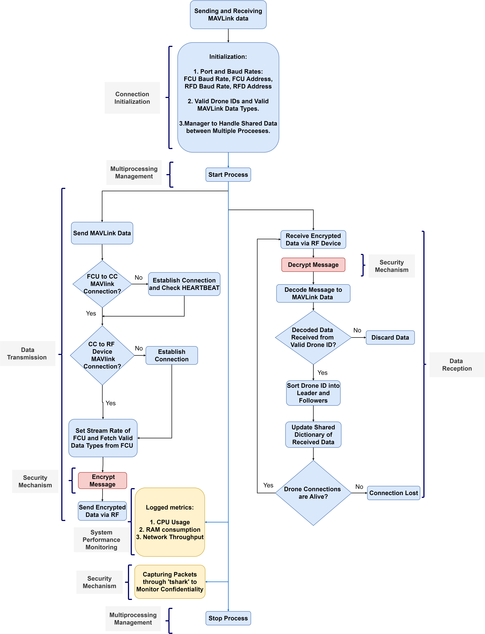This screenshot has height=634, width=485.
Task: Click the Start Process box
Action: coord(228,175)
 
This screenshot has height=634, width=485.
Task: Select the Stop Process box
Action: coord(228,618)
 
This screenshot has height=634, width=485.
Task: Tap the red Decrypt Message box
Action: coord(313,265)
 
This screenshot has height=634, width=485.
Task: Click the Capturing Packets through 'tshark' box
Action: coord(170,582)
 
